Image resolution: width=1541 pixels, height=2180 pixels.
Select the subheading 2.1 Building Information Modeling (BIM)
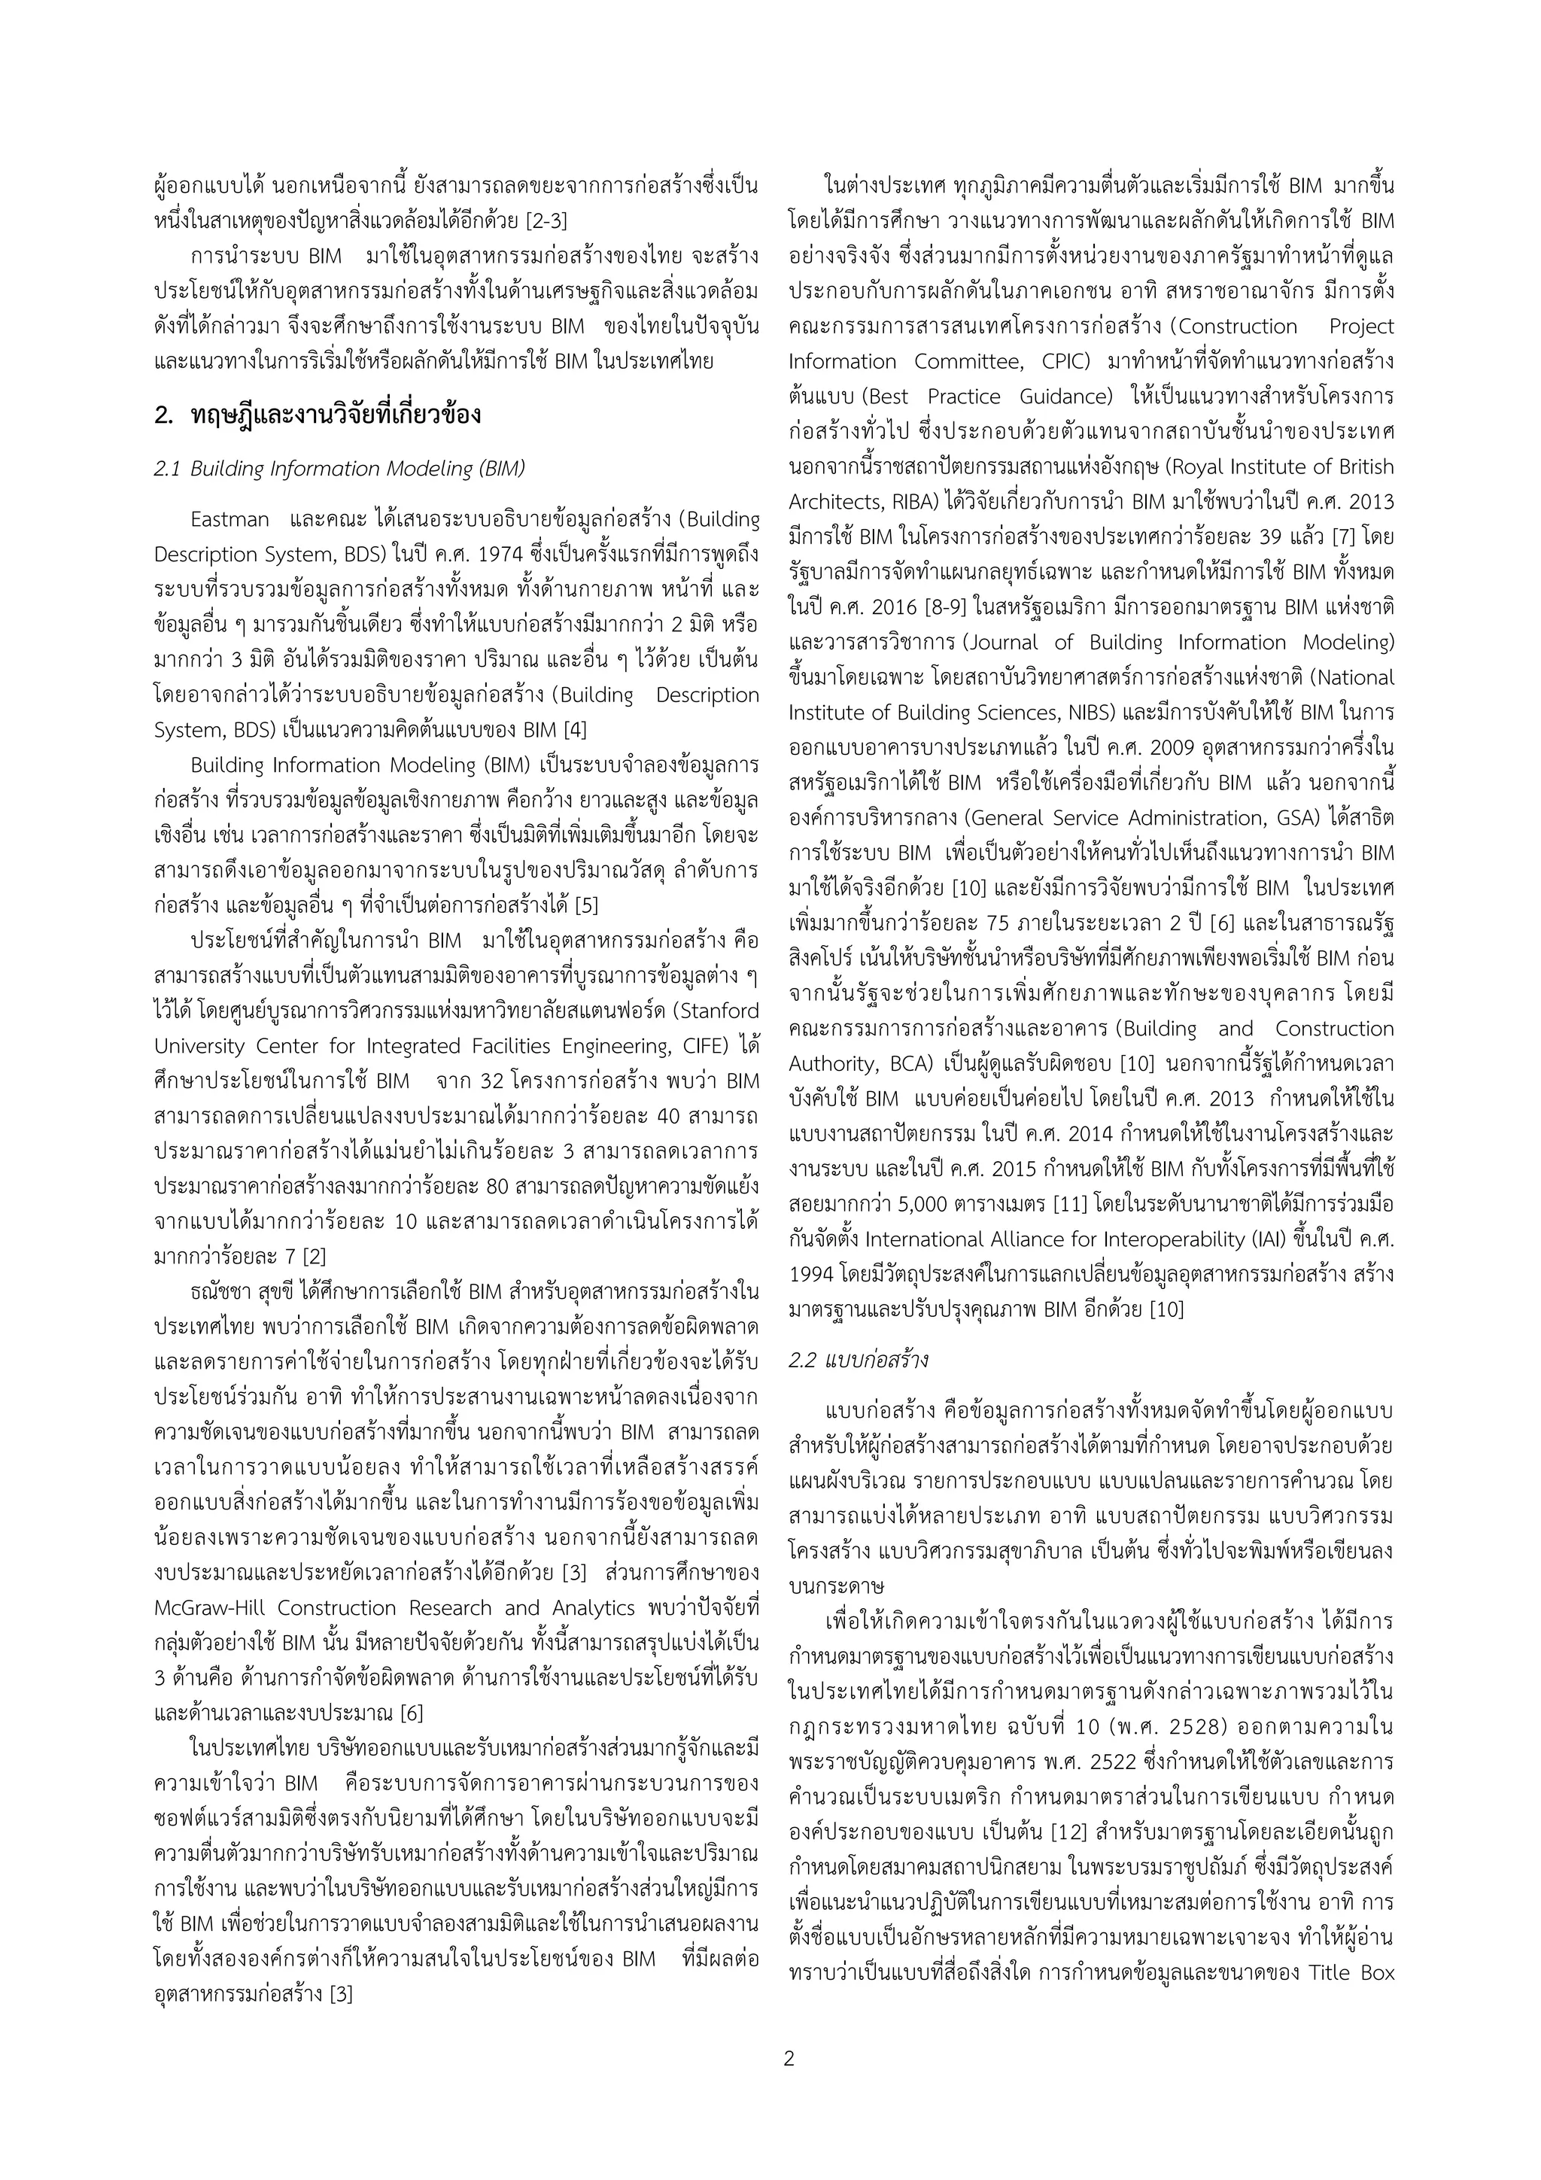point(339,469)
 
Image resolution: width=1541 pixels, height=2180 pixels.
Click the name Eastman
point(229,519)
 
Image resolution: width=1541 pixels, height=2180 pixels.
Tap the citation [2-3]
point(547,221)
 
